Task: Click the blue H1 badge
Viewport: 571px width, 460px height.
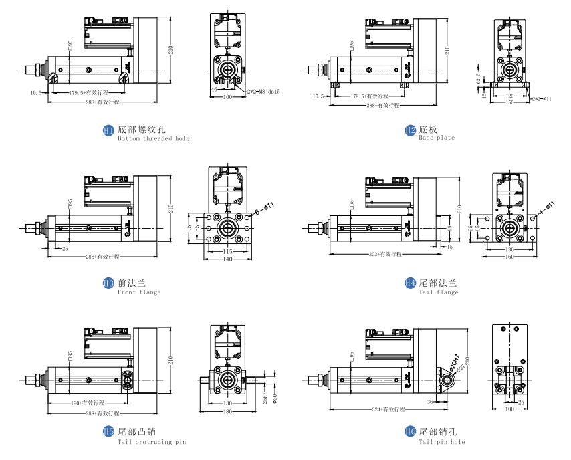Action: coord(108,130)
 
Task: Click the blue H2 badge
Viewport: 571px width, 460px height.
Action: coord(410,130)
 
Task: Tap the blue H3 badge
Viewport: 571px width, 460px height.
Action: coord(108,283)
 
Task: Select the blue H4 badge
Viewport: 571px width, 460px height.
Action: coord(410,283)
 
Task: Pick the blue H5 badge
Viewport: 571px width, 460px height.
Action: coord(108,433)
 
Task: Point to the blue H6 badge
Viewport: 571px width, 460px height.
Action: coord(410,433)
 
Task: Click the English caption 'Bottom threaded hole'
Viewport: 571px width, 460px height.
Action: coord(153,139)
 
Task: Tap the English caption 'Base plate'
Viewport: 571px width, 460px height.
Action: coord(437,138)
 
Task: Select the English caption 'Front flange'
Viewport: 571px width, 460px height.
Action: coord(139,292)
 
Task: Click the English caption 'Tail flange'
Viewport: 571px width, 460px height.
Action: coord(439,292)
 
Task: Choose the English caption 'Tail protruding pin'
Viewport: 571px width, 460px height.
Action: coord(152,442)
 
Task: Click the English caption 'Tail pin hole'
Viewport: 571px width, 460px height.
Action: coord(442,442)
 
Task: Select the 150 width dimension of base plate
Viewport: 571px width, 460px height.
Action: coord(509,103)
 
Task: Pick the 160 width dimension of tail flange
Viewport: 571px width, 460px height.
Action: coord(509,257)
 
